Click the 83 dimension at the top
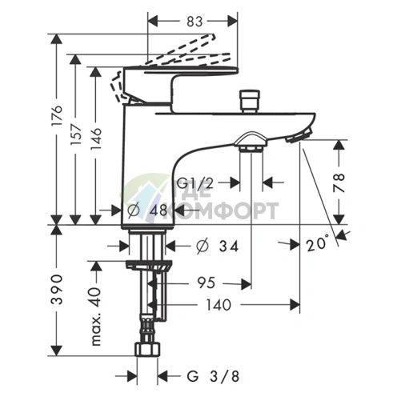194,22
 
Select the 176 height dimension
57,115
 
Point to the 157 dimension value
75,134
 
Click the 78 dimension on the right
339,182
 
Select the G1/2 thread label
195,183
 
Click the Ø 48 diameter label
146,211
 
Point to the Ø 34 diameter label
217,246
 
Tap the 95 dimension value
206,283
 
